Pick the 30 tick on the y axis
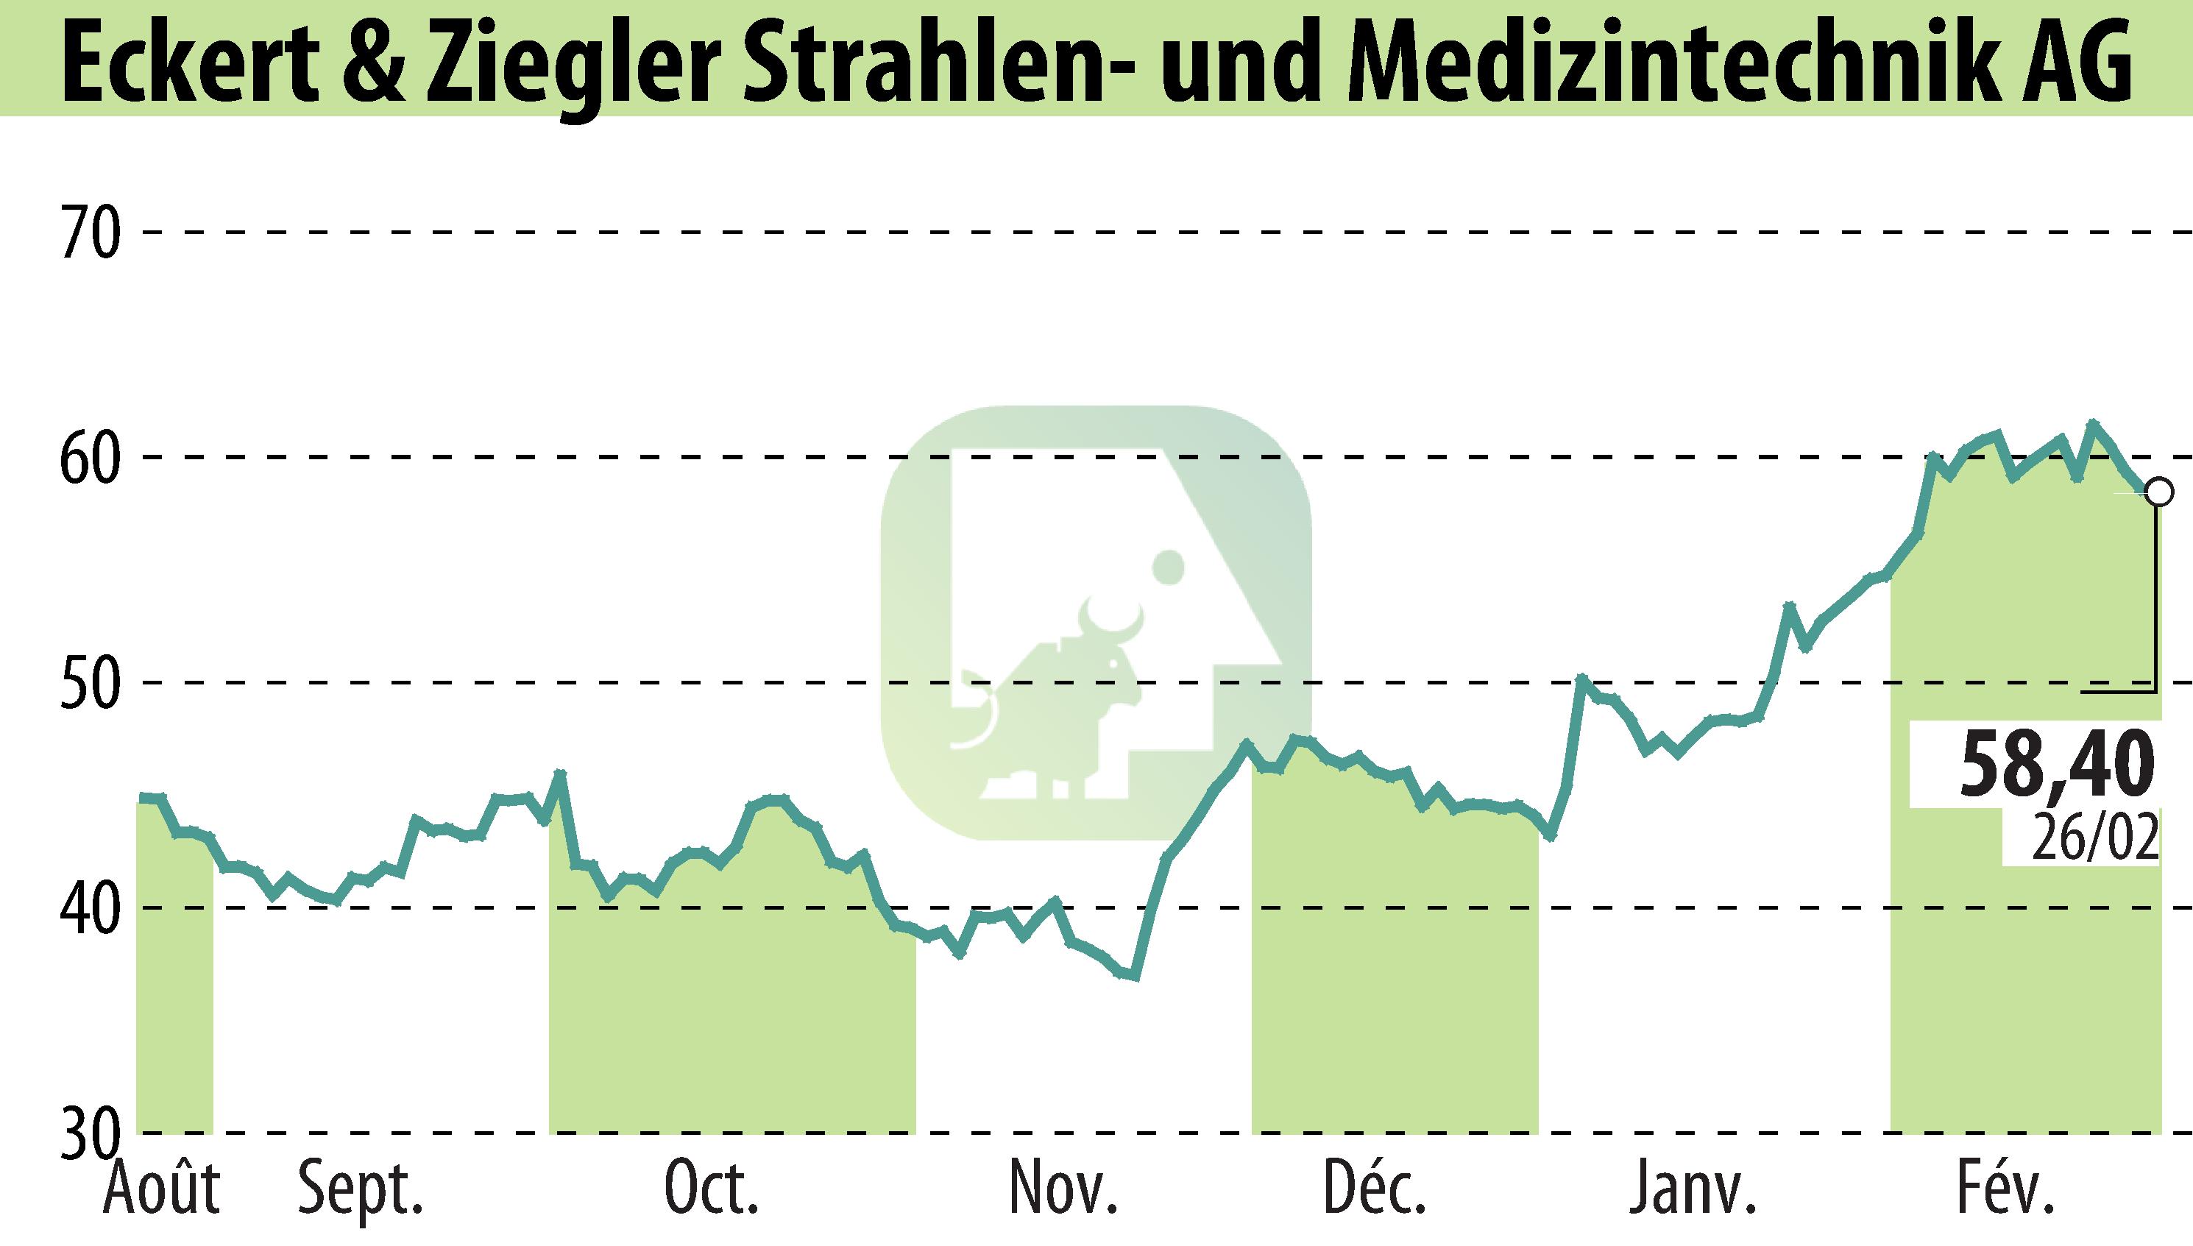pyautogui.click(x=90, y=1133)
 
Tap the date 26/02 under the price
pyautogui.click(x=2094, y=840)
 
